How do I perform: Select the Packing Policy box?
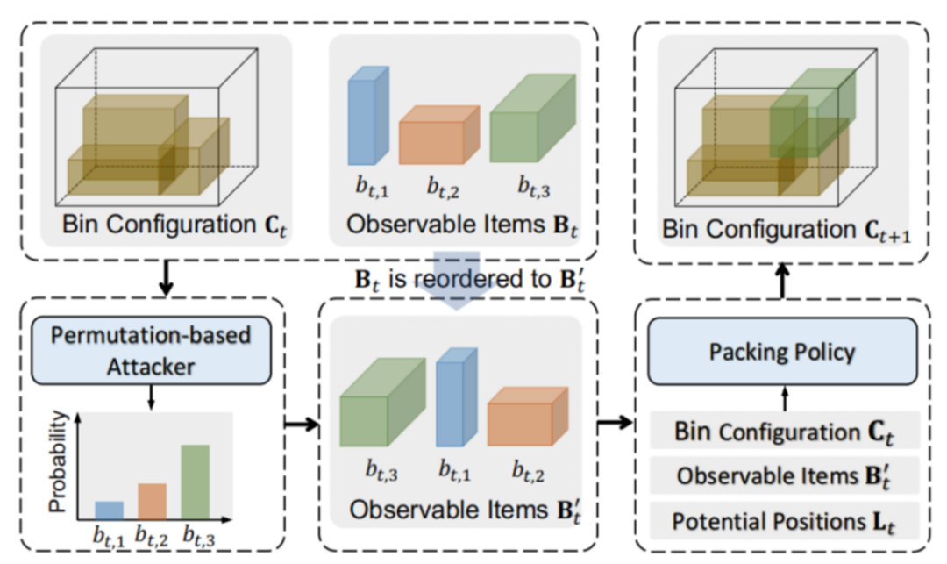(x=782, y=353)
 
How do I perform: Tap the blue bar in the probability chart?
(x=109, y=509)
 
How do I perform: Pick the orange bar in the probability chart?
(x=151, y=500)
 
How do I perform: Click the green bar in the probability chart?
(x=196, y=481)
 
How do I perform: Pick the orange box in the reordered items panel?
(x=524, y=421)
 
